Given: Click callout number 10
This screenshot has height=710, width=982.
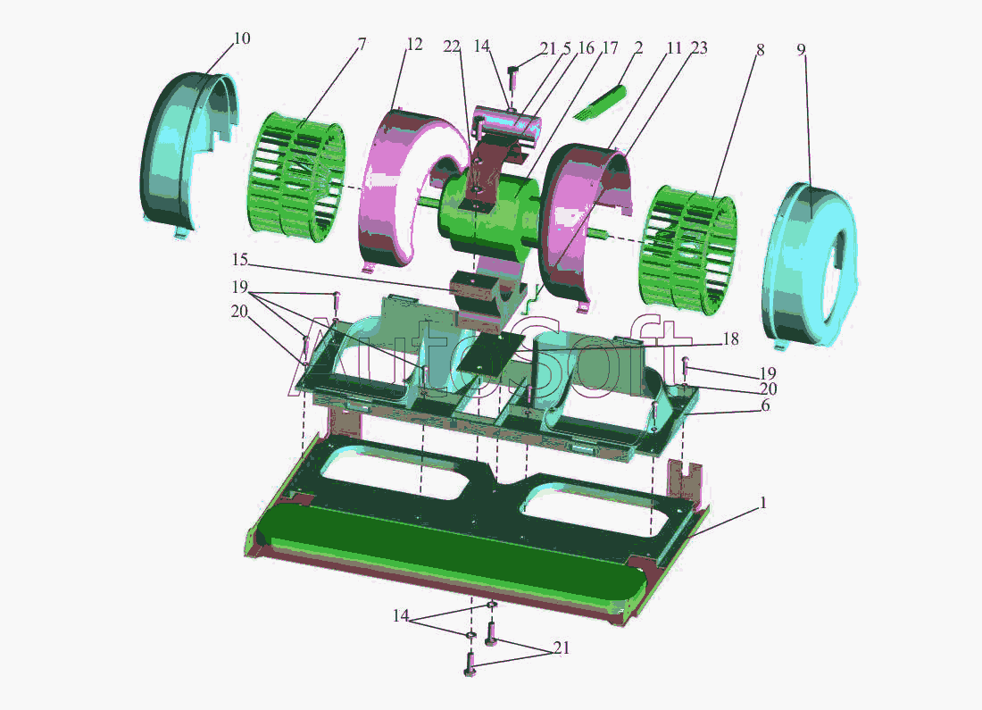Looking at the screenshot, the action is [242, 38].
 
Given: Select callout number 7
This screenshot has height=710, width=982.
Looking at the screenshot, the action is [362, 44].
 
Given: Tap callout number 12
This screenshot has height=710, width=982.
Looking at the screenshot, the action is [414, 45].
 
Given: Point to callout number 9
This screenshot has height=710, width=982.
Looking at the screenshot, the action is [801, 49].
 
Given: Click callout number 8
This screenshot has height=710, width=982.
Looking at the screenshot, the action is [760, 49].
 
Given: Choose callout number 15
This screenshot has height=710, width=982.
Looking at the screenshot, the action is [239, 259].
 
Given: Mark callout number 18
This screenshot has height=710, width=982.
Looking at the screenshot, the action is [730, 339].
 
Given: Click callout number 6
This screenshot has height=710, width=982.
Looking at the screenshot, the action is [765, 405].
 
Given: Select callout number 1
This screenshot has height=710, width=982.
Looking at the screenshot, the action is [762, 503].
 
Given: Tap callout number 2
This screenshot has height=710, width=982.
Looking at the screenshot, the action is [638, 47].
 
